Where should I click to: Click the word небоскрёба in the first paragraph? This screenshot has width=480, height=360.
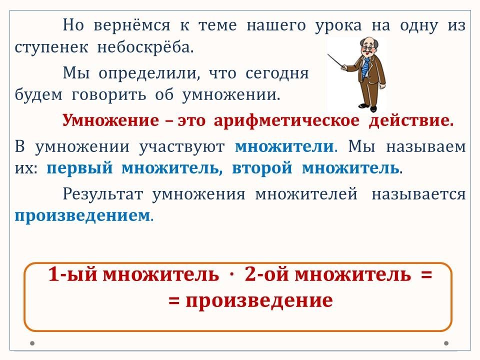tap(145, 47)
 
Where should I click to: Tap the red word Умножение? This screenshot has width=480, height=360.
tap(110, 120)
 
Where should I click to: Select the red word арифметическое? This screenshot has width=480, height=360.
tap(286, 121)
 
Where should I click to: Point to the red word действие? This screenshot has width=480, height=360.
tap(411, 120)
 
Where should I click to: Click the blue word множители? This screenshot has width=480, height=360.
tap(284, 146)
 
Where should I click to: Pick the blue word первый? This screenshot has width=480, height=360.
tap(79, 168)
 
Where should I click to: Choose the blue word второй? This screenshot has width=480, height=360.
tap(262, 168)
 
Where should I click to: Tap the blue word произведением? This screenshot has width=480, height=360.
tap(81, 216)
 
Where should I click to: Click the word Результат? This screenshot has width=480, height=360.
tap(103, 194)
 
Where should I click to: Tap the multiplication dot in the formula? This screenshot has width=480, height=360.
tap(231, 274)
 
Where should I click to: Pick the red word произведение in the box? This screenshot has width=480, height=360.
tap(259, 300)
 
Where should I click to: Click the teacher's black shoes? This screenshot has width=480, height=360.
tap(368, 107)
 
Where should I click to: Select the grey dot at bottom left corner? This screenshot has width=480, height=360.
tap(32, 343)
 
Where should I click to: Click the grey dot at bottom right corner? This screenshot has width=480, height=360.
tap(446, 343)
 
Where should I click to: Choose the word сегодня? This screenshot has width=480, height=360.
tap(276, 73)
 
